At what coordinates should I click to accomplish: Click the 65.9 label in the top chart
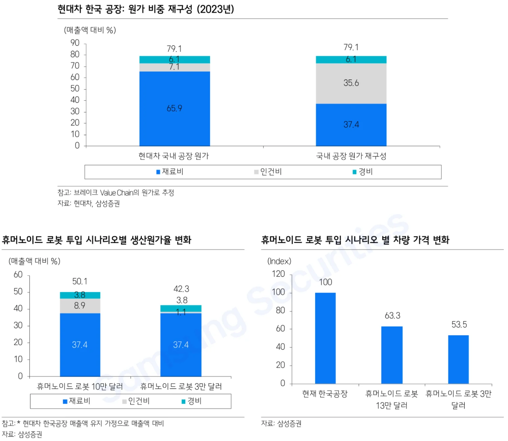pos(174,108)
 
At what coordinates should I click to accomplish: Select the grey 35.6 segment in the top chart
pos(351,83)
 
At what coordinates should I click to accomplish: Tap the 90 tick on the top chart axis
pos(75,43)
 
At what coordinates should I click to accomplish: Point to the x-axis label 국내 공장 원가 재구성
pos(351,156)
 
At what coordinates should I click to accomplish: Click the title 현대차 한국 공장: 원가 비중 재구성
pos(146,9)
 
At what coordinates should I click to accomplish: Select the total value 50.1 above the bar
pos(80,281)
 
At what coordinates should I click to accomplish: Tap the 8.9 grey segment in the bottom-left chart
pos(80,306)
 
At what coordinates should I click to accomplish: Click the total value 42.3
pos(181,289)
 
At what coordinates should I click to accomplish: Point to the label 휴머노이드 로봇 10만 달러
pos(80,386)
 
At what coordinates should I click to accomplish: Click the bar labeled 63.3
pos(392,355)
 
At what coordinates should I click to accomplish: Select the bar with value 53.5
pos(458,359)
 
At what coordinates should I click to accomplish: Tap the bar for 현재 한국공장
pos(325,338)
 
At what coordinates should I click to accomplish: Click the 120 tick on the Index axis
pos(278,274)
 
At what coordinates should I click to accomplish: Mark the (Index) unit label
pos(279,261)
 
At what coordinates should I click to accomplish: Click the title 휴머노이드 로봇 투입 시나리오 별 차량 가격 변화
pos(355,240)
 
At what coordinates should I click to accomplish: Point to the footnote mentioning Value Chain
pos(116,193)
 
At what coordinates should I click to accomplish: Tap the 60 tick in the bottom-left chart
pos(18,275)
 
